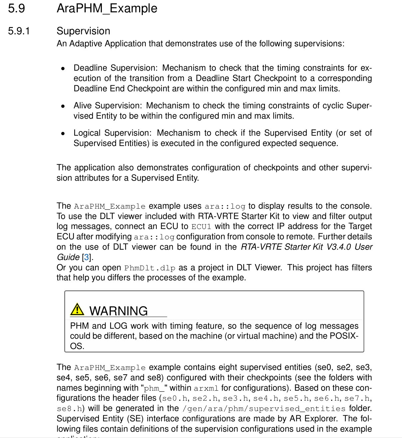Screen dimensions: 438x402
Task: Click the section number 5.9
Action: pyautogui.click(x=16, y=8)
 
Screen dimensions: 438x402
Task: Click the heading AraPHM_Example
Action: pyautogui.click(x=107, y=8)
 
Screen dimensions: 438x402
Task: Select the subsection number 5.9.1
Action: pyautogui.click(x=19, y=31)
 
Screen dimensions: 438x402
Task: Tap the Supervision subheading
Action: pyautogui.click(x=83, y=31)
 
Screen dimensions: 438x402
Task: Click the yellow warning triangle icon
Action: pyautogui.click(x=77, y=309)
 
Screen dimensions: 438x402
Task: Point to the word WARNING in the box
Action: pyautogui.click(x=118, y=311)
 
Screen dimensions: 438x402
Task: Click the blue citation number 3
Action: pyautogui.click(x=87, y=257)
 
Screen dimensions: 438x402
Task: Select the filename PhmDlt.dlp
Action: pyautogui.click(x=150, y=268)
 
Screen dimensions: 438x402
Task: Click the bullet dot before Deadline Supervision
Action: pyautogui.click(x=63, y=68)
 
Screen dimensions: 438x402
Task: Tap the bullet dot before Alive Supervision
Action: pyautogui.click(x=63, y=106)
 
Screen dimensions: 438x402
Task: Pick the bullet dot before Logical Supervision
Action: pyautogui.click(x=63, y=133)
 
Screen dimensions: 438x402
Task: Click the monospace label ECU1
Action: pyautogui.click(x=201, y=227)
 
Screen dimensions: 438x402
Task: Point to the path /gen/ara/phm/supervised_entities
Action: pyautogui.click(x=264, y=409)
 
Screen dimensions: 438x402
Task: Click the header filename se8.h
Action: pyautogui.click(x=69, y=409)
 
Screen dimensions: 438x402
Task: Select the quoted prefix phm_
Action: pyautogui.click(x=152, y=388)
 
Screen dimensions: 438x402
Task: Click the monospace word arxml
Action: pyautogui.click(x=206, y=388)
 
